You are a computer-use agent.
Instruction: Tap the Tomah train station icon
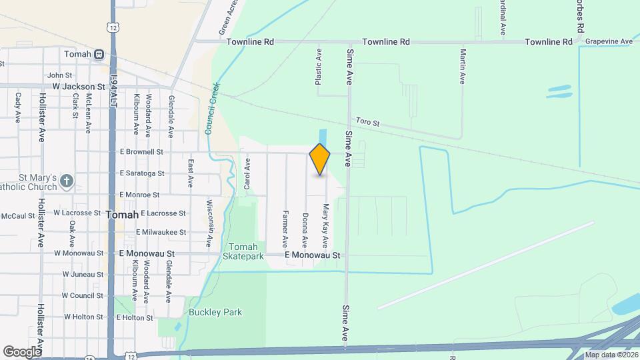point(99,54)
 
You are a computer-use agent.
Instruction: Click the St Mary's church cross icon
point(66,181)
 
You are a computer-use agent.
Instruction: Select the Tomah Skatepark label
point(243,251)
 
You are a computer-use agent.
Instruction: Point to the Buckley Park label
point(215,312)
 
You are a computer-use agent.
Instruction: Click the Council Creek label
point(212,109)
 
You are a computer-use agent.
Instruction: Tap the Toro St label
point(367,123)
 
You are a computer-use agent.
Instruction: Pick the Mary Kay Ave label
point(326,226)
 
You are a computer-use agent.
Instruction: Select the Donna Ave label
point(305,230)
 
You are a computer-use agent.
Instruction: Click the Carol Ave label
point(247,172)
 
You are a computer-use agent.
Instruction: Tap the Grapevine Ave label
point(609,41)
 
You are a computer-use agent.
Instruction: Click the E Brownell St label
point(141,152)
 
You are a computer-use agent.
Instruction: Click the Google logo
point(22,351)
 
